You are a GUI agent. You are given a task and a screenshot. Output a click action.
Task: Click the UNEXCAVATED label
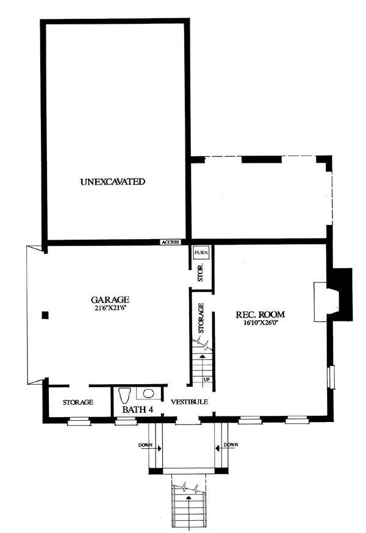tap(113, 182)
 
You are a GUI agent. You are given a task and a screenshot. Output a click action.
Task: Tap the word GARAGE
tap(110, 300)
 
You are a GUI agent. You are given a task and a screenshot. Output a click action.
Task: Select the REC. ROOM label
tap(260, 315)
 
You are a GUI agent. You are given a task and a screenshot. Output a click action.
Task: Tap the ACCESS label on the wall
tap(170, 242)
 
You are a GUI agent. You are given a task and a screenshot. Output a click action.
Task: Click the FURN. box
tap(201, 253)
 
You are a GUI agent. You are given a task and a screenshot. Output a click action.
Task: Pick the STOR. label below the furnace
tap(201, 272)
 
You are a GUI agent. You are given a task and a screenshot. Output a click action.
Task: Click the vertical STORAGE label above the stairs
tap(201, 318)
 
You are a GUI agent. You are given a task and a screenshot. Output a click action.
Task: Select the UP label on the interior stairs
tap(206, 379)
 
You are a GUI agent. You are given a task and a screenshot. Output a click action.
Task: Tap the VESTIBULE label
tap(189, 402)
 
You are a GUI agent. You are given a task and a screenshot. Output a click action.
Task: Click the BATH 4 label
tap(137, 410)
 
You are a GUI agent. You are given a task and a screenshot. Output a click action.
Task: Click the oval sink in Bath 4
tap(148, 393)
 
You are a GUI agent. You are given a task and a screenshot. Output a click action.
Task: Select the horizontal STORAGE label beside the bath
tap(78, 402)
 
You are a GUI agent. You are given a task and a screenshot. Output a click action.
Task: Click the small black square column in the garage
tap(45, 315)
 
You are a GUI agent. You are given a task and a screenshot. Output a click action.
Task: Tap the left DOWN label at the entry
tap(145, 445)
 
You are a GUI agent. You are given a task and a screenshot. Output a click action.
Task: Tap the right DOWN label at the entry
tap(231, 445)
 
